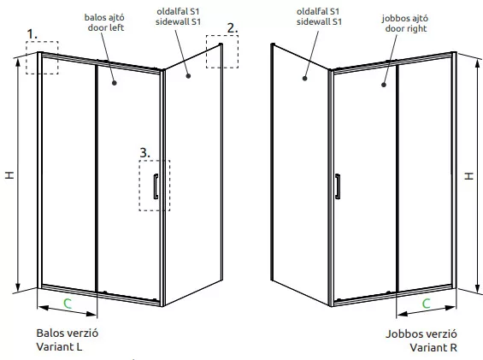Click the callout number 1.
pos(32,34)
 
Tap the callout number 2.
pos(233,28)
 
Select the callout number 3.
pos(144,153)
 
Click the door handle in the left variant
pos(156,186)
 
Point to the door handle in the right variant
pos(338,186)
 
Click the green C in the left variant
pos(68,304)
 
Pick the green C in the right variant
pos(426,304)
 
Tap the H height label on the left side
pos(9,175)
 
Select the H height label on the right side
pos(468,176)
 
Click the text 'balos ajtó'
pos(104,17)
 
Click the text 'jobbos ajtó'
pos(404,19)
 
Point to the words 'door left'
pos(106,27)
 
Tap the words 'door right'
pos(406,29)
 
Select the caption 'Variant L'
pos(59,347)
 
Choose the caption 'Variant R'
pos(433,347)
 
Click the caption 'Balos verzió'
pos(68,333)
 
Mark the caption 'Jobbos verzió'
pos(421,333)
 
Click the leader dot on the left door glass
pos(115,83)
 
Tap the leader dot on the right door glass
pos(384,85)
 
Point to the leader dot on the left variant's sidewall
pos(188,75)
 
